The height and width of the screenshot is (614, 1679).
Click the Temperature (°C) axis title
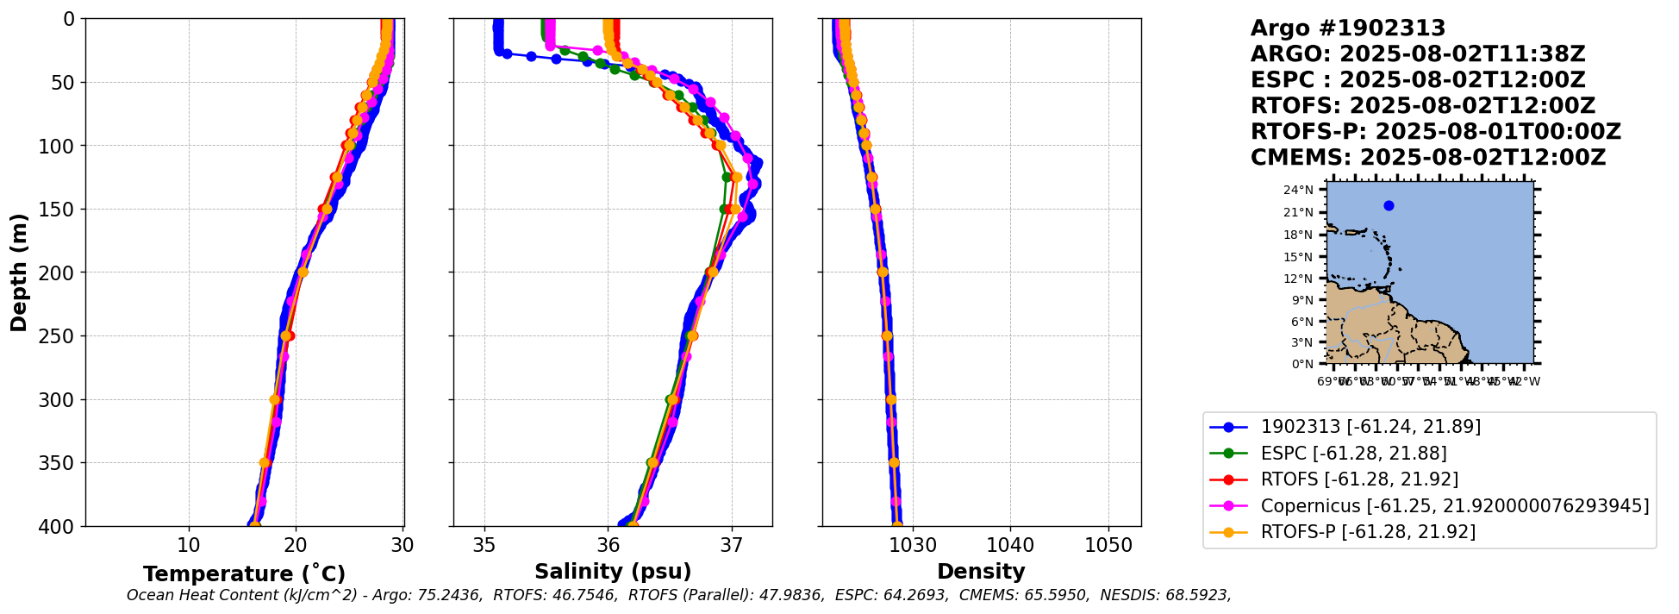pos(244,574)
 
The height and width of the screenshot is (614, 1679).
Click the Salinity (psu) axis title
pos(613,572)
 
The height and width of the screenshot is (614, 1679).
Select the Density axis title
pos(981,572)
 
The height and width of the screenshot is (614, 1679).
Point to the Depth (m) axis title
pos(19,273)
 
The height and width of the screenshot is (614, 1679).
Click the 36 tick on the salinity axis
pos(609,546)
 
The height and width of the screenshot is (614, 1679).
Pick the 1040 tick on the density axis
pos(1010,546)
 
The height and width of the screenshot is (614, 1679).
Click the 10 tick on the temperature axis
pos(189,546)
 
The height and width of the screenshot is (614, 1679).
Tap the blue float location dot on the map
pos(1389,205)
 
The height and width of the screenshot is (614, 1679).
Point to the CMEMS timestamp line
pos(1428,158)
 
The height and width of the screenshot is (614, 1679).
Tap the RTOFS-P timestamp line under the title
pos(1436,132)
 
